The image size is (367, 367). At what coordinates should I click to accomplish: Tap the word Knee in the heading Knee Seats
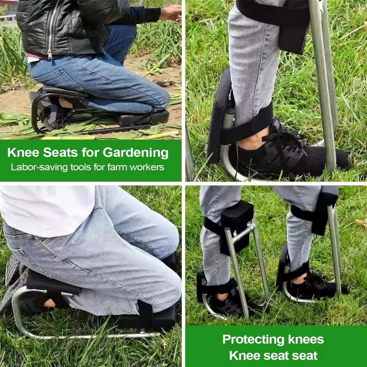click(x=23, y=152)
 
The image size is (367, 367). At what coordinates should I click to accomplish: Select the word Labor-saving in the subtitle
click(x=39, y=167)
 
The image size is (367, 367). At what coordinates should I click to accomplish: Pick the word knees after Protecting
click(x=306, y=339)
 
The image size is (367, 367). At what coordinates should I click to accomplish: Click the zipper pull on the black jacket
click(x=50, y=54)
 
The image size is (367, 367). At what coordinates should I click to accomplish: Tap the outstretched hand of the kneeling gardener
click(x=171, y=13)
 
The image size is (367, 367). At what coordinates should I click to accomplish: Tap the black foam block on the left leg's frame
click(x=237, y=227)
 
